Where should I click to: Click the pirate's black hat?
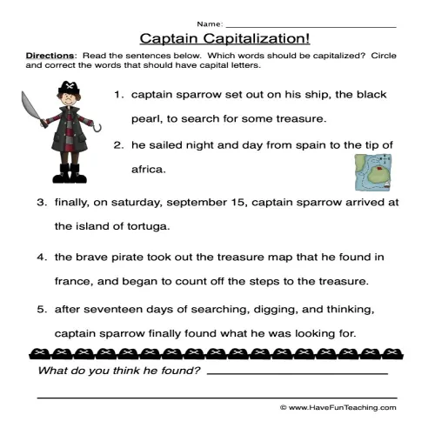click(69, 90)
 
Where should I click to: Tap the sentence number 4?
click(40, 258)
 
